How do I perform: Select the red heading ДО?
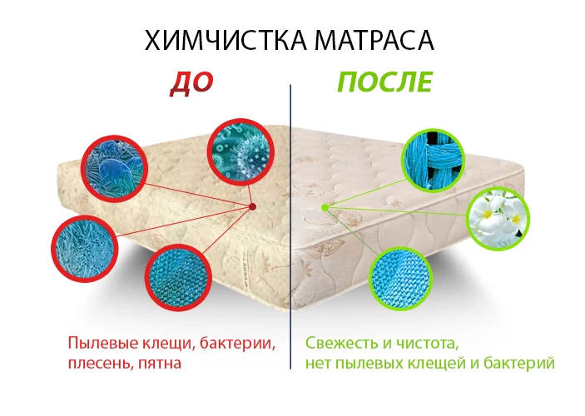click(x=191, y=83)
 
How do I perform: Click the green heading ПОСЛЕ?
click(x=384, y=82)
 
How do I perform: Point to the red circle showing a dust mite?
click(x=114, y=169)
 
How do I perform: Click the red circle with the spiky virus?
click(x=240, y=152)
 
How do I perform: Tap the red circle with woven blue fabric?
click(x=179, y=278)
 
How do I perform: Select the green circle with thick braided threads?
click(x=433, y=161)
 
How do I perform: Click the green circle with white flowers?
click(x=498, y=219)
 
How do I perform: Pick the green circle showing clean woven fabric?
click(x=400, y=279)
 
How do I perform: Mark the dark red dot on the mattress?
click(x=253, y=206)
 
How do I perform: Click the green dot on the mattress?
click(x=325, y=207)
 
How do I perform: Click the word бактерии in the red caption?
click(x=238, y=344)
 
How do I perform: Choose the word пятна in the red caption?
click(x=160, y=364)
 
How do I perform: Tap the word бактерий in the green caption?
click(x=519, y=363)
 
